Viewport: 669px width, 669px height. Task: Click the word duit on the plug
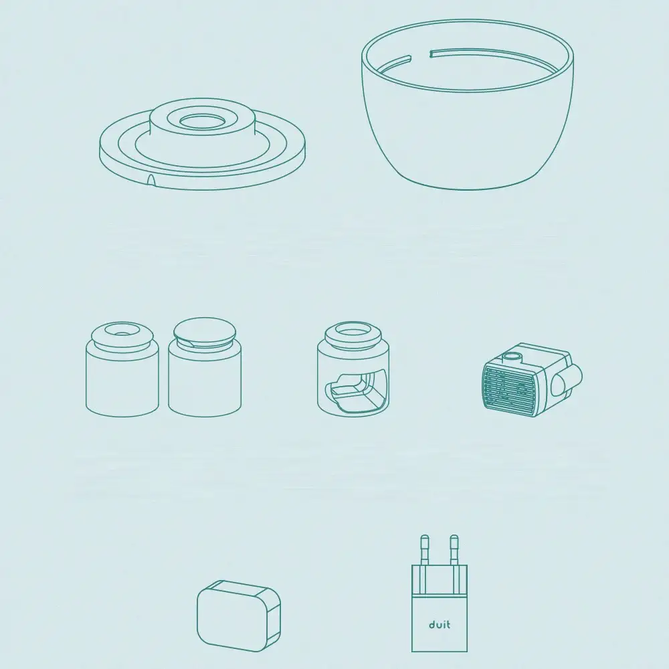440,625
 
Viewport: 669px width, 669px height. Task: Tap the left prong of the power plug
425,551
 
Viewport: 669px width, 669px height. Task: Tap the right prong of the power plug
454,551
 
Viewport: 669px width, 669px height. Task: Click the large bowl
468,104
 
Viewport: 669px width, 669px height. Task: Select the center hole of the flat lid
202,121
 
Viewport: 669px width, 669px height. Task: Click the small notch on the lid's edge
151,179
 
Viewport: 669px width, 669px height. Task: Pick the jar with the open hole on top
122,369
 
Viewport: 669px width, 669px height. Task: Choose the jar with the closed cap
205,367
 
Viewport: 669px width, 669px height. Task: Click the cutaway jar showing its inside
353,369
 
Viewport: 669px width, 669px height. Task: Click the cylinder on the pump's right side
567,380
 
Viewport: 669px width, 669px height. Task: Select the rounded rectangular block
239,615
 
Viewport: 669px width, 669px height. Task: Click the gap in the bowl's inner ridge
420,55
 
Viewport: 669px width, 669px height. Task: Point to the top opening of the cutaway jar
353,330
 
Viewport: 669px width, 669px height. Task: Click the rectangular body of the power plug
440,608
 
